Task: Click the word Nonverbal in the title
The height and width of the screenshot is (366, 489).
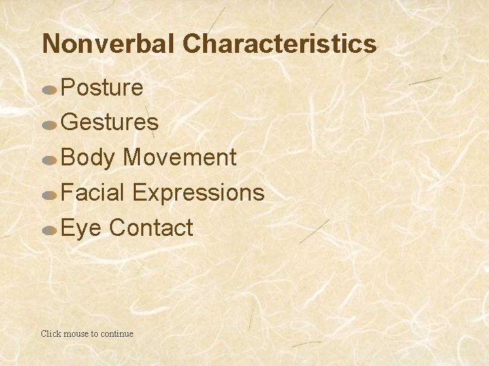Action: [x=109, y=44]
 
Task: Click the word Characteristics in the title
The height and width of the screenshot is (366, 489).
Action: [x=278, y=44]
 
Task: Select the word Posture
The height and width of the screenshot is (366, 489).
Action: [x=102, y=87]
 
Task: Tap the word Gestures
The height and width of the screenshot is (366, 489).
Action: [x=110, y=123]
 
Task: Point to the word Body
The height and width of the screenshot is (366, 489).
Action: [x=88, y=158]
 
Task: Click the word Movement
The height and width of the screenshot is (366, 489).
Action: [x=179, y=158]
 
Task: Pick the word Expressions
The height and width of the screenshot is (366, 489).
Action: [x=198, y=193]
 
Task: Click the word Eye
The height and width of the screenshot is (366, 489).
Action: [x=81, y=228]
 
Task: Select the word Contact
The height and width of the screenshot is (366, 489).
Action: [x=151, y=228]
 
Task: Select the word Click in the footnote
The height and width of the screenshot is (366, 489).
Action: [x=51, y=333]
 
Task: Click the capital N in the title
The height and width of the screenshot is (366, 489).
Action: [x=50, y=44]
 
